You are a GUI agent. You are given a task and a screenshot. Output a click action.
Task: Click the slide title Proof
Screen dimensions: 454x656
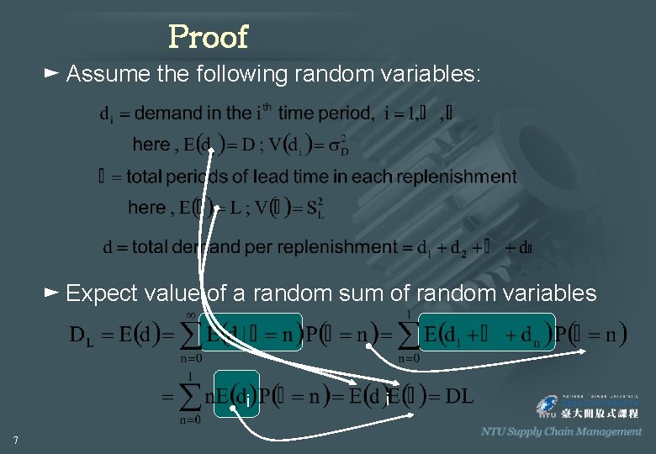(208, 36)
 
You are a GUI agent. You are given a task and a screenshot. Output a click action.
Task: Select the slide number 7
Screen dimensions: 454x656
(16, 439)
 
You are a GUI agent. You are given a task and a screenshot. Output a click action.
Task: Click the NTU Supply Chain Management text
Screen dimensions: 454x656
(561, 431)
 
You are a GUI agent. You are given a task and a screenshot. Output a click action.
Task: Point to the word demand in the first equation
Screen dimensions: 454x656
(168, 113)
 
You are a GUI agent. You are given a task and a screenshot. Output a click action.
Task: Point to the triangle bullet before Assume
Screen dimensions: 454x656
(50, 74)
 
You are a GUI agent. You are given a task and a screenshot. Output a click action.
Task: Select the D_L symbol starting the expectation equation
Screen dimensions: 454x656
(81, 336)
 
